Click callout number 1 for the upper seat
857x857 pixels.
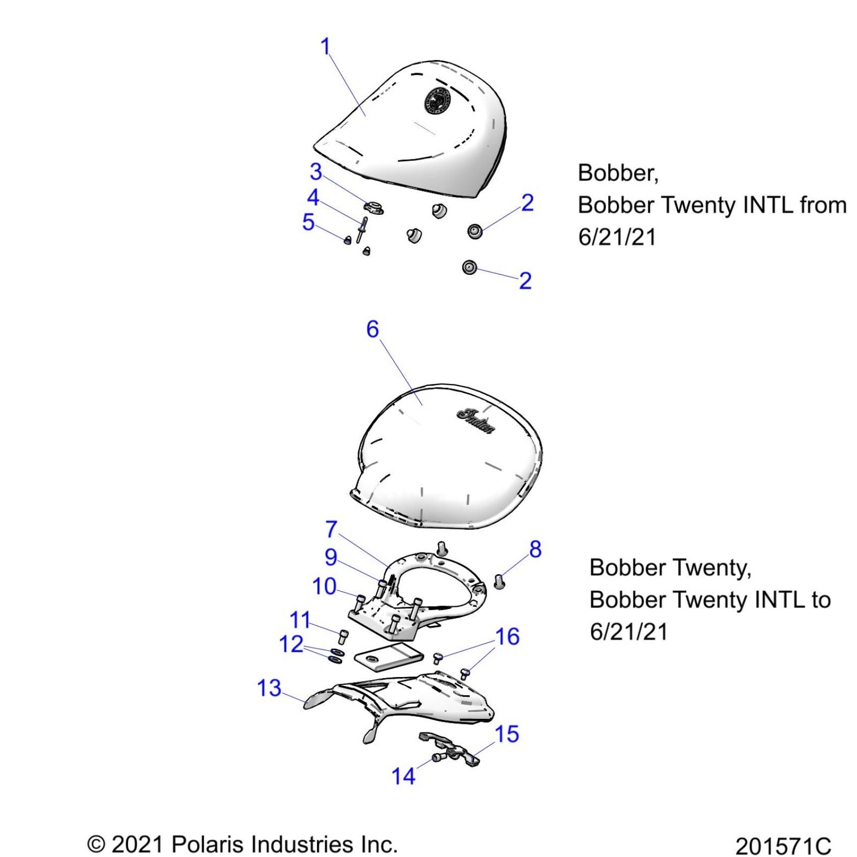click(x=325, y=46)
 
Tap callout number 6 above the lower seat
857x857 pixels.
click(x=372, y=329)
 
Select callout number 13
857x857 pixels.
click(x=269, y=688)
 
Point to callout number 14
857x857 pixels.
click(x=403, y=776)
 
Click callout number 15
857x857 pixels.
click(x=507, y=734)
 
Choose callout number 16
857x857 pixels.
click(x=507, y=637)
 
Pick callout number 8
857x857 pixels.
click(x=535, y=549)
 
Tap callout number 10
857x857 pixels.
click(x=324, y=586)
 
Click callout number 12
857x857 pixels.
click(x=291, y=644)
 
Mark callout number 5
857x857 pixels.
click(x=308, y=222)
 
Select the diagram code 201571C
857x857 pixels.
click(x=782, y=845)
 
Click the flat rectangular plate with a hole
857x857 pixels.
click(x=388, y=658)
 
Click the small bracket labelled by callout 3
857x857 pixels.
click(x=374, y=206)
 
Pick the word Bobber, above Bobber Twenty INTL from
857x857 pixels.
click(x=618, y=173)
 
